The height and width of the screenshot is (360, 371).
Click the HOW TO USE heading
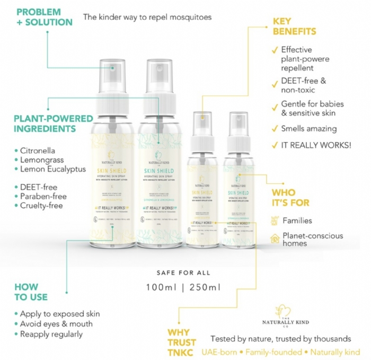tap(31, 292)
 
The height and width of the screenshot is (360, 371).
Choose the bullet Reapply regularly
tap(51, 334)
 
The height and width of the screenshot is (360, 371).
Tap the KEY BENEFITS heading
tap(294, 27)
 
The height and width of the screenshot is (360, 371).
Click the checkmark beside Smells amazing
tap(275, 128)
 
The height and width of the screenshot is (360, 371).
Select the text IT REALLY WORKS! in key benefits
tap(316, 144)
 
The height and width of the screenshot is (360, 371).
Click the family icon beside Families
tap(275, 220)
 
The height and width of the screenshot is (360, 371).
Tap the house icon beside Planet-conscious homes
tap(275, 239)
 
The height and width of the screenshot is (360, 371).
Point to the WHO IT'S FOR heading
tap(290, 197)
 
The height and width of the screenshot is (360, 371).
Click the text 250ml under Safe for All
tap(205, 288)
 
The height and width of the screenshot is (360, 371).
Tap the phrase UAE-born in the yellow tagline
tap(220, 352)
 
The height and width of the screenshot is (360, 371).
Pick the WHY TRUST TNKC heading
tap(181, 342)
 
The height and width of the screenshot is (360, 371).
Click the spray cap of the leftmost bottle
tap(112, 80)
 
